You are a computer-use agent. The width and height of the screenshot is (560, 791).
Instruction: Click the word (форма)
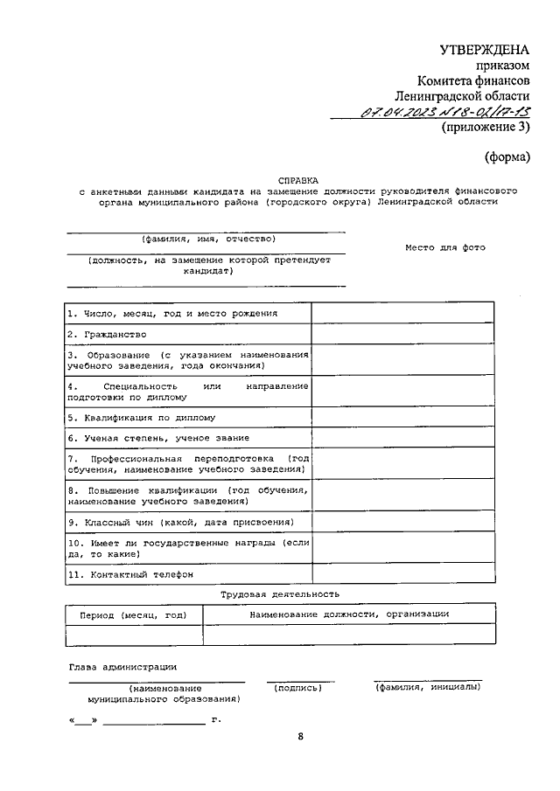(508, 157)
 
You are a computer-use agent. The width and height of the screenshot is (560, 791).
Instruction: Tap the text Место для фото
(444, 247)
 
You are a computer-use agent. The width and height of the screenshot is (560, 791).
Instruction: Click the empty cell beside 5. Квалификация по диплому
(402, 418)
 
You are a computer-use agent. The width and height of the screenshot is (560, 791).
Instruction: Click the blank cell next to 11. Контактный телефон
(402, 575)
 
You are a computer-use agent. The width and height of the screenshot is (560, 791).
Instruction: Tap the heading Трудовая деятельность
(280, 594)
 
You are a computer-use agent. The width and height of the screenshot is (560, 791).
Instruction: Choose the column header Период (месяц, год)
(133, 614)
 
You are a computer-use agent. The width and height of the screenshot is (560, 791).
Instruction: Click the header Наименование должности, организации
(349, 614)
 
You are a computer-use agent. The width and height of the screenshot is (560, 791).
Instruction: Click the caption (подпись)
(297, 688)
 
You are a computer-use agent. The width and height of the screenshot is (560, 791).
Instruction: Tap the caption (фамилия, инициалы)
(427, 688)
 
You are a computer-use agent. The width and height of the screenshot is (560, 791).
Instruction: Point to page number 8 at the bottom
(300, 737)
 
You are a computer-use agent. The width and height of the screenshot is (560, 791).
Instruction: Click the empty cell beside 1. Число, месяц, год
(402, 313)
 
